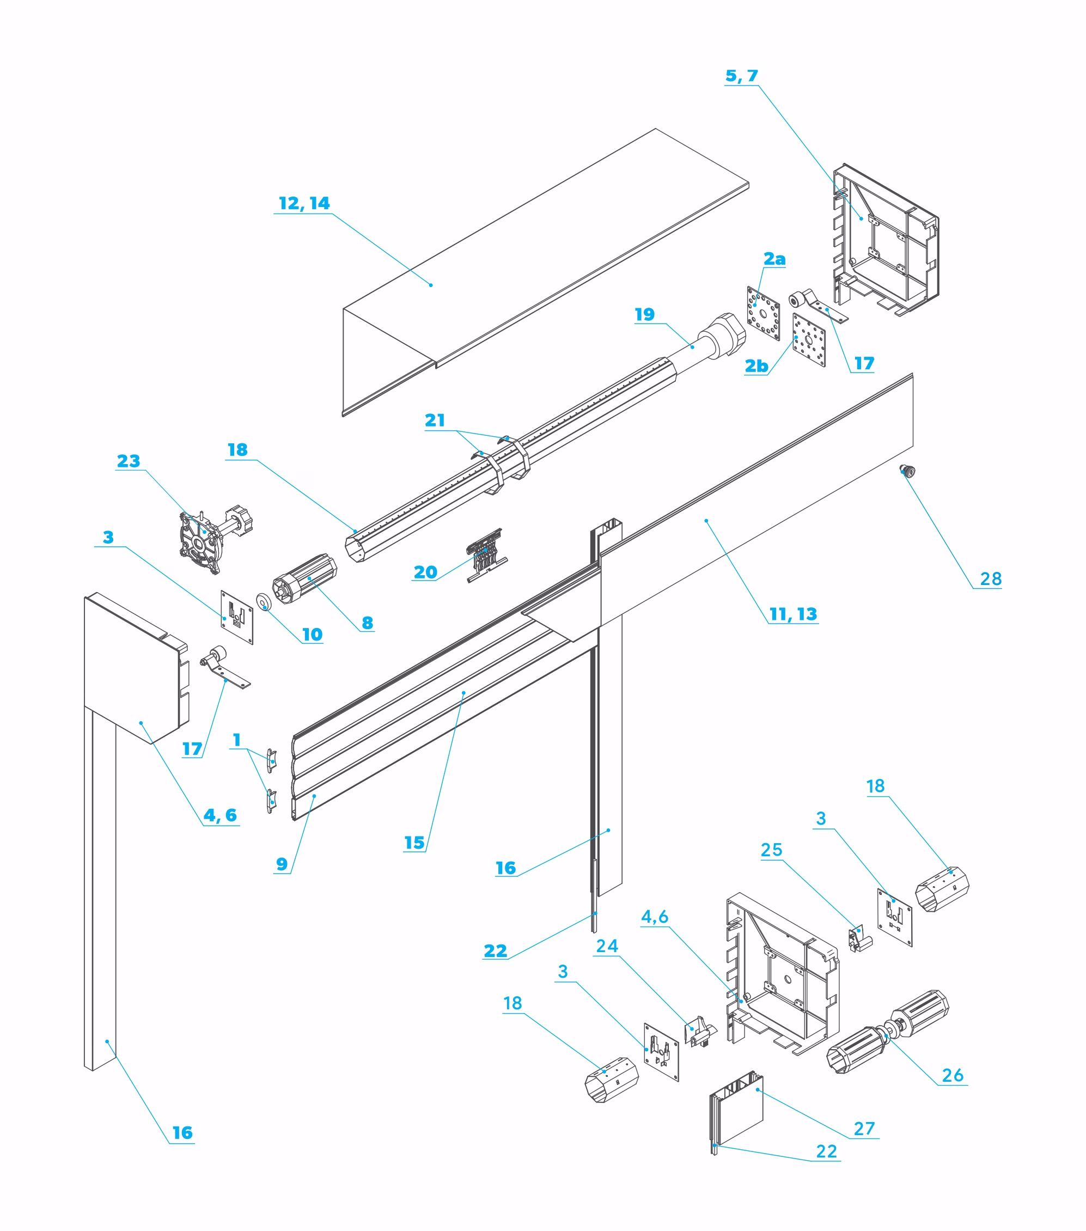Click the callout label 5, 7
(x=741, y=76)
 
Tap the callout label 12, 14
(x=304, y=204)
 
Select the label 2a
(x=774, y=259)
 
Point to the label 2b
(x=756, y=366)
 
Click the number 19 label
(x=644, y=314)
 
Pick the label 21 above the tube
(x=435, y=421)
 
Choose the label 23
(x=129, y=461)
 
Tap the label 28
(x=991, y=579)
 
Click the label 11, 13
(x=794, y=614)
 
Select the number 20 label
(x=425, y=572)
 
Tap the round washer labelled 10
(x=264, y=602)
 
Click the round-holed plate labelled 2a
(x=763, y=314)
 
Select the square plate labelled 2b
(x=809, y=340)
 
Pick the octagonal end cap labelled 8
(x=304, y=576)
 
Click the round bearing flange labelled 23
(x=200, y=542)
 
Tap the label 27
(x=864, y=1129)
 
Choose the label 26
(x=952, y=1075)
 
